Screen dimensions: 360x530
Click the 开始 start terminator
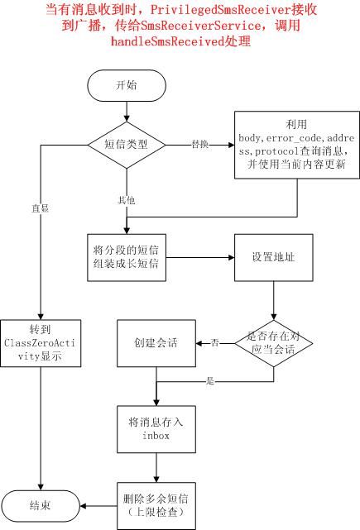127,85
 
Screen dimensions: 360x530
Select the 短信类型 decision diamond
127,145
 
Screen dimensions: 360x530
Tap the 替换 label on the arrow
200,145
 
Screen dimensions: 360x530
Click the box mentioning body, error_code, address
297,145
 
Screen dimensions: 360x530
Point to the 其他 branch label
126,200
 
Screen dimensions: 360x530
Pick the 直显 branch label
41,208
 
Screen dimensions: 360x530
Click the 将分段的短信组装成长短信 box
127,258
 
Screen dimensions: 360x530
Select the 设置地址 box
274,258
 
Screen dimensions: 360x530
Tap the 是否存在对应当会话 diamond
274,343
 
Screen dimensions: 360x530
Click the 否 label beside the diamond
215,343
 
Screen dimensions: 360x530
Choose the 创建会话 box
156,343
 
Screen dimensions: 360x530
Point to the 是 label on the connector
210,381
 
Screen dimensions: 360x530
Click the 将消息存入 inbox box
156,429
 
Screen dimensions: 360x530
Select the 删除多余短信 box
156,506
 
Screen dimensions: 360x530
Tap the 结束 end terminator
41,506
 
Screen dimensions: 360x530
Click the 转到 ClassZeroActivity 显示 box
41,343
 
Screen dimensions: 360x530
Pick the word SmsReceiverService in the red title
200,26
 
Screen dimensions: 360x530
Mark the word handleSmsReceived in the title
167,41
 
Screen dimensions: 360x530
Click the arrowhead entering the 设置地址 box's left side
232,258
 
